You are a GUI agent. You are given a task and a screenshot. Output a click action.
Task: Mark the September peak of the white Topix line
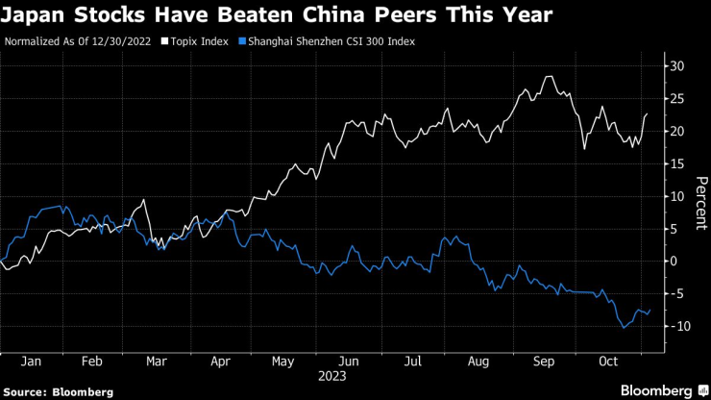click(549, 76)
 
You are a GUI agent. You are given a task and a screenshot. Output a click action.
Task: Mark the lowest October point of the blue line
click(625, 327)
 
